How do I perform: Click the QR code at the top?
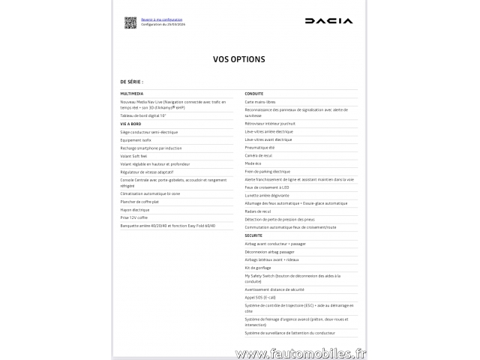tap(130, 22)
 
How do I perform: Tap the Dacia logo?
tap(328, 21)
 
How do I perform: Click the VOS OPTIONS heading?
tap(239, 58)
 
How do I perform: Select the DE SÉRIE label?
tap(131, 81)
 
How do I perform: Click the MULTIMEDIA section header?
tap(132, 94)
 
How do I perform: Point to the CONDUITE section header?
tap(253, 94)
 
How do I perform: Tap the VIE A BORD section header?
tap(130, 124)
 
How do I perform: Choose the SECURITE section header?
tap(253, 235)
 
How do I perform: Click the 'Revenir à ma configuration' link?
tap(162, 19)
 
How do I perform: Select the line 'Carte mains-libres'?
tap(259, 101)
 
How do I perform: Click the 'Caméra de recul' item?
tap(258, 155)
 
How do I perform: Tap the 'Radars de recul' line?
tap(257, 211)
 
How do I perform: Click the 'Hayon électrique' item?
tap(135, 209)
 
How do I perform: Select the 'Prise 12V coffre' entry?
tap(135, 217)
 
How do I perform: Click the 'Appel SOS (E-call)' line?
tap(260, 297)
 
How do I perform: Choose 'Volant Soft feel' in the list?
tap(134, 155)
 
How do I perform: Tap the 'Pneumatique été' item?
tap(259, 147)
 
